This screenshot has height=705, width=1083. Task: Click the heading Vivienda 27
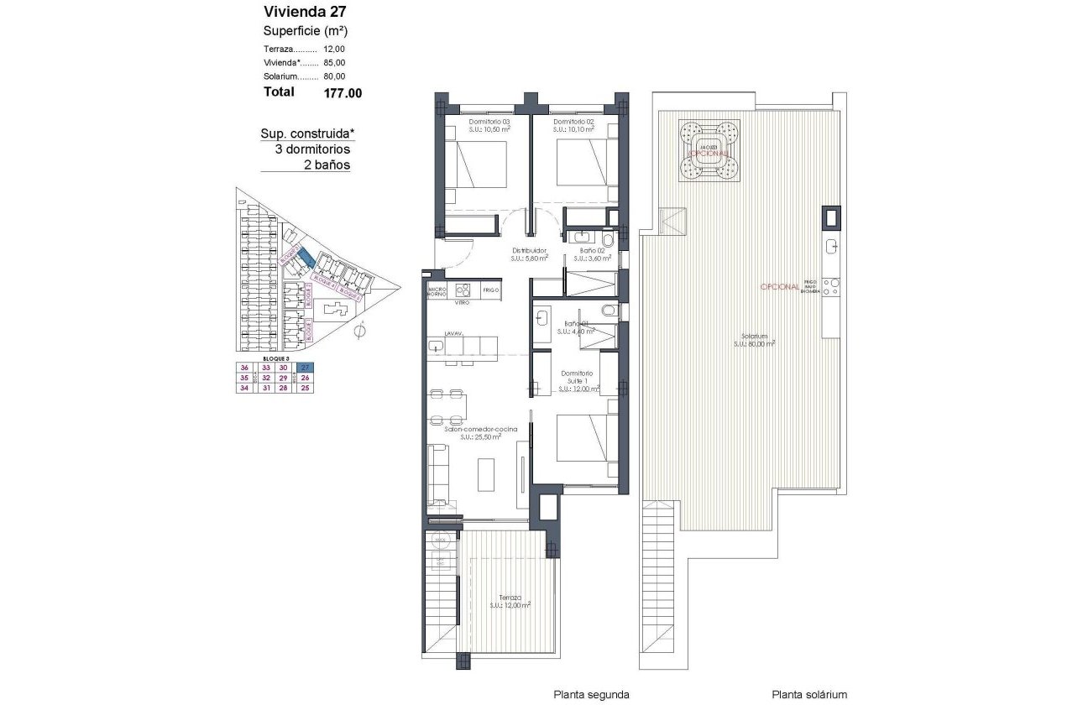pos(293,12)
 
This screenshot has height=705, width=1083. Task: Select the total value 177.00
pos(343,93)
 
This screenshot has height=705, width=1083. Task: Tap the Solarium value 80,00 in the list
pos(334,76)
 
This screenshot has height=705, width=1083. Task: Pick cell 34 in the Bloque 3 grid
pos(244,388)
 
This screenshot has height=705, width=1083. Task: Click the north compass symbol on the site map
pos(359,332)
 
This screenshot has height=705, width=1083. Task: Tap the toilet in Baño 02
pos(608,239)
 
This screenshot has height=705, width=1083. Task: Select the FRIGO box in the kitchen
pos(491,290)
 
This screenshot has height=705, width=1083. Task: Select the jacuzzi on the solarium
pos(709,150)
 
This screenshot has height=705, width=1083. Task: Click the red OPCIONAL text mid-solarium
pos(779,286)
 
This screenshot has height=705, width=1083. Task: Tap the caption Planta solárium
pos(809,694)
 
